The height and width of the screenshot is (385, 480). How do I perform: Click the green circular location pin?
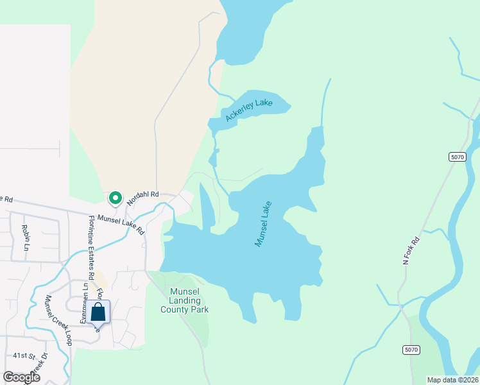pos(116,198)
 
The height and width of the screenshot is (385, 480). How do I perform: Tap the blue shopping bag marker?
pos(98,312)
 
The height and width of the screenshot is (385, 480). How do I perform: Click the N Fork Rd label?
pos(411,251)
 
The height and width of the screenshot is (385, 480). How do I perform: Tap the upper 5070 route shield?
pos(457,157)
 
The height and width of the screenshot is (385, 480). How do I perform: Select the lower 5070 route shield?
pos(411,349)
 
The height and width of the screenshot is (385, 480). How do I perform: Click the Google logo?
pos(22,377)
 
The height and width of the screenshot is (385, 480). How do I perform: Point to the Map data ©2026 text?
pos(452,380)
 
